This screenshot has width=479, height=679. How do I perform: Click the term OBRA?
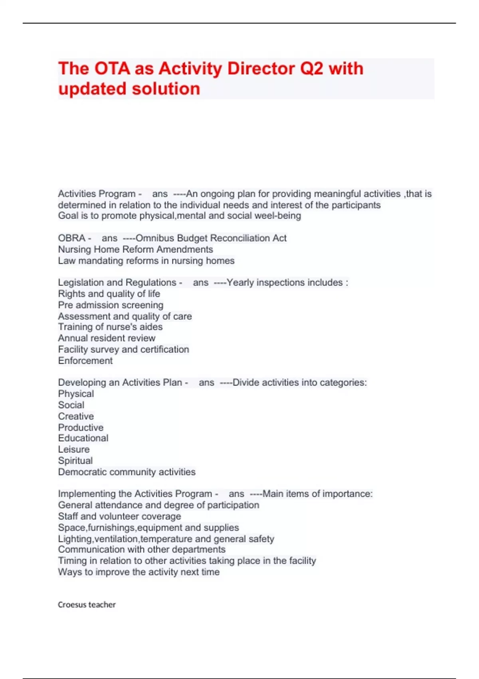click(x=72, y=238)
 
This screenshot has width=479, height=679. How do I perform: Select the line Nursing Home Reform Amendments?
click(x=135, y=249)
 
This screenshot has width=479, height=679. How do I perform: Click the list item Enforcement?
click(x=85, y=361)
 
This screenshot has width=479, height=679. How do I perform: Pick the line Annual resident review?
click(x=107, y=338)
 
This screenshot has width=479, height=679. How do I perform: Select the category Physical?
click(x=76, y=393)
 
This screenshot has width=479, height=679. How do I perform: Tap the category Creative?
click(x=76, y=416)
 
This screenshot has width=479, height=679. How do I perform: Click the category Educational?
click(x=83, y=438)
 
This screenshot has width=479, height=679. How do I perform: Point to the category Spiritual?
click(x=75, y=461)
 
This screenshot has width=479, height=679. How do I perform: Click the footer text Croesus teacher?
click(x=87, y=605)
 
